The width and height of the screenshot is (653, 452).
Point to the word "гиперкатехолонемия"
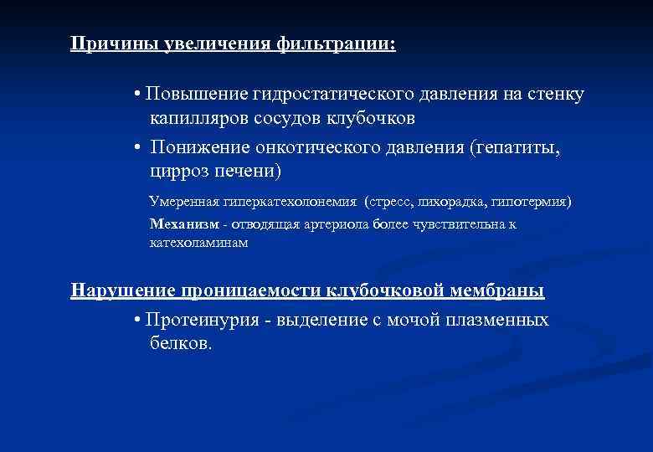[x=290, y=202]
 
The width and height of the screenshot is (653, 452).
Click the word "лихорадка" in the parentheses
[x=444, y=202]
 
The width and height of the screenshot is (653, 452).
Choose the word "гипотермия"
[x=531, y=202]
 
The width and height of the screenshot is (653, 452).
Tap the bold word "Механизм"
[x=184, y=223]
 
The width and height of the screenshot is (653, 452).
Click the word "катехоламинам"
[x=198, y=243]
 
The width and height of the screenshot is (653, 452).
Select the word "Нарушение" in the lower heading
[x=122, y=291]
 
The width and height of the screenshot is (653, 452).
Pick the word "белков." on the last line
[x=182, y=344]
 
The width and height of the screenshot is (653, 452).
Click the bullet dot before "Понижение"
[x=136, y=148]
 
